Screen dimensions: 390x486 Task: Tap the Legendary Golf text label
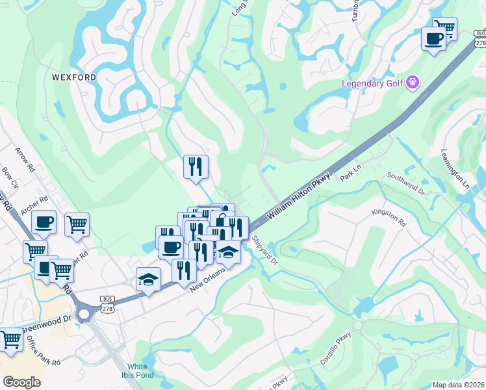click(x=373, y=83)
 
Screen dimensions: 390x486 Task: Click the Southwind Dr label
click(x=405, y=184)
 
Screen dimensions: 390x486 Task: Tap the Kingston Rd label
click(x=389, y=217)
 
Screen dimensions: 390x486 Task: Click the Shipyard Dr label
click(x=265, y=250)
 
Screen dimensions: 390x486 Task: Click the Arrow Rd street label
click(x=25, y=159)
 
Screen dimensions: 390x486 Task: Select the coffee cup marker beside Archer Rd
click(x=44, y=223)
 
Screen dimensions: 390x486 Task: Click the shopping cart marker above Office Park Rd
click(x=11, y=339)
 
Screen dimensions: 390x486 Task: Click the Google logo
click(x=21, y=382)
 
